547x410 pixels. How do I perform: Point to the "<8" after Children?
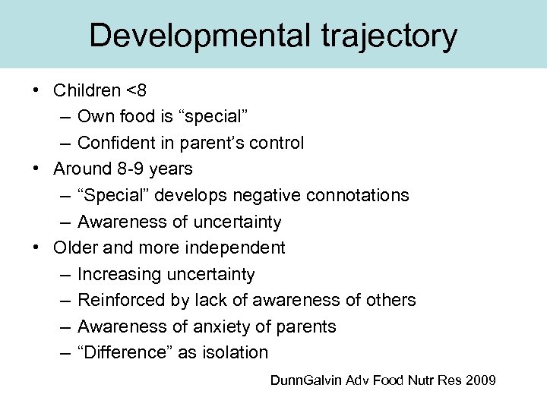pos(137,90)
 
